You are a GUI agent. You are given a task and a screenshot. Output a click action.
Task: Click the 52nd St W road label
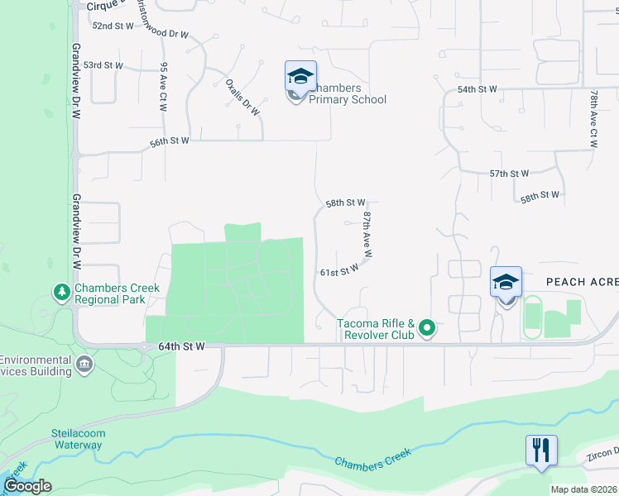click(x=113, y=26)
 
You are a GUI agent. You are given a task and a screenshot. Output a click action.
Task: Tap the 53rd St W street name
click(x=103, y=65)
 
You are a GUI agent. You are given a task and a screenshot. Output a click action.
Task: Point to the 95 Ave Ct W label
click(x=164, y=88)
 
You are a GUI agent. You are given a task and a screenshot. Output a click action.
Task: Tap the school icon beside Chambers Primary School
click(x=300, y=77)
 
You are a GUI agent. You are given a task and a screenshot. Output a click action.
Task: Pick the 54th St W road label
click(x=477, y=89)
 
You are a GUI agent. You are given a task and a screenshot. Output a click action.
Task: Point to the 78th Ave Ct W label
click(x=593, y=119)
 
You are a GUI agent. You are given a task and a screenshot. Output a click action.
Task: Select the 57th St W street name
click(x=509, y=174)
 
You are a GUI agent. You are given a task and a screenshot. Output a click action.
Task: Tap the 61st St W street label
click(x=339, y=269)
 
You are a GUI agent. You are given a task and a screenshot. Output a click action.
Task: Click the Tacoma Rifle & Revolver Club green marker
click(x=427, y=329)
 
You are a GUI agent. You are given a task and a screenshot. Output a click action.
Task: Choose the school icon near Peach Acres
click(x=506, y=283)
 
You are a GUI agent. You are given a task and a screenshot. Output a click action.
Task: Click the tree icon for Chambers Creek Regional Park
click(x=61, y=292)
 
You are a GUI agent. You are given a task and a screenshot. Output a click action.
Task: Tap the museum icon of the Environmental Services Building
click(x=84, y=365)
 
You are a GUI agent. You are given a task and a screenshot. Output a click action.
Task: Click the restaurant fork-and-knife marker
click(x=540, y=451)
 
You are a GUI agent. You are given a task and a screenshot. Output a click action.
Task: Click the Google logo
click(x=26, y=486)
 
